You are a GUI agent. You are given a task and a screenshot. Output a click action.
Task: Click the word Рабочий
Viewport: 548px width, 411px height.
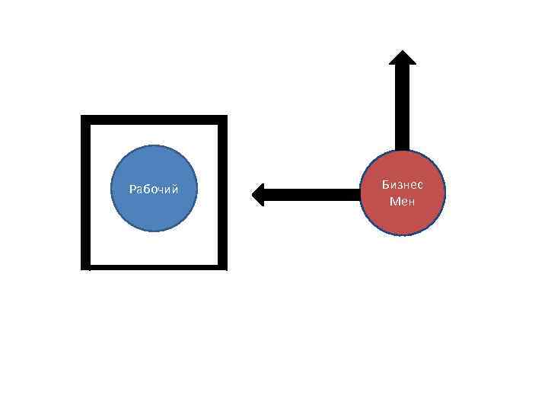pyautogui.click(x=154, y=189)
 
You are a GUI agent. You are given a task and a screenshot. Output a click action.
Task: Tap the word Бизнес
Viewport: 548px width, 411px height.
pyautogui.click(x=401, y=186)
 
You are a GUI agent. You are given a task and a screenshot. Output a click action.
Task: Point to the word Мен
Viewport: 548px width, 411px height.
pyautogui.click(x=401, y=202)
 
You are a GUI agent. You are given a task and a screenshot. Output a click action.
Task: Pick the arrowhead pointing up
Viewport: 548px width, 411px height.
pyautogui.click(x=402, y=58)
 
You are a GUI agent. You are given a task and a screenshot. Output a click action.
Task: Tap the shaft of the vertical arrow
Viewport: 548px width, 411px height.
pyautogui.click(x=402, y=107)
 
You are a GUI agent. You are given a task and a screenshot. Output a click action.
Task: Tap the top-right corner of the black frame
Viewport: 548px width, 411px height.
pyautogui.click(x=222, y=119)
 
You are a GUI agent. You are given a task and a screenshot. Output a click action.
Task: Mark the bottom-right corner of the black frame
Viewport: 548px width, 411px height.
pyautogui.click(x=222, y=266)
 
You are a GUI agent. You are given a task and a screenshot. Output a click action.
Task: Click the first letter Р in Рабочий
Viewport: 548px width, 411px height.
pyautogui.click(x=132, y=189)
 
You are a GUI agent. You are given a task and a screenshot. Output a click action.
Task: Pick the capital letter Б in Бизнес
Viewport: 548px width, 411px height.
pyautogui.click(x=386, y=186)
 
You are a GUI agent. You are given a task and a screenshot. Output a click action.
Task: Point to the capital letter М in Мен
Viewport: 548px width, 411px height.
pyautogui.click(x=393, y=202)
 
